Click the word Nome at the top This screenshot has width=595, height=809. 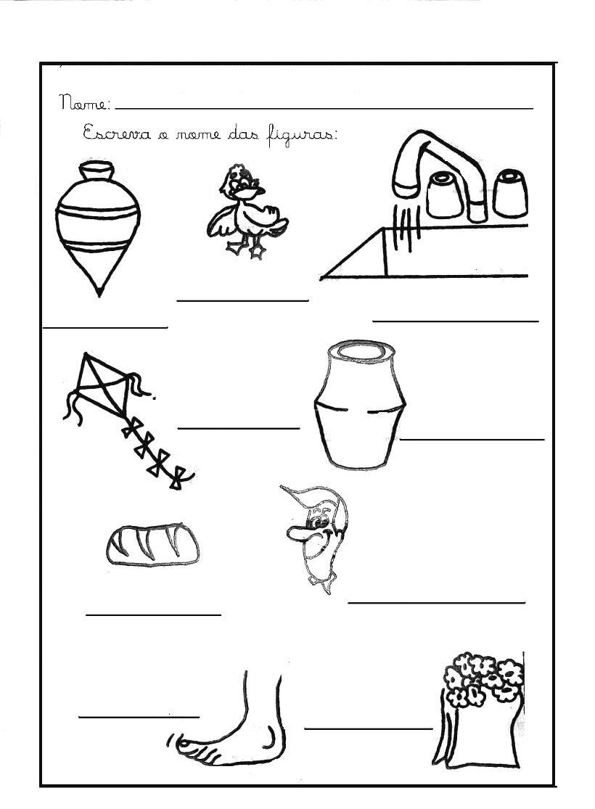[84, 102]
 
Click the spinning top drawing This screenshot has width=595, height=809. [98, 228]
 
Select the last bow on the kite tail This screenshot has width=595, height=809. [179, 478]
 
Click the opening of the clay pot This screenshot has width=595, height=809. [361, 351]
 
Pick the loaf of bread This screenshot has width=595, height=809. [153, 545]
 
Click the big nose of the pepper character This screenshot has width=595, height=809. [297, 534]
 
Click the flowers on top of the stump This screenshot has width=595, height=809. [483, 678]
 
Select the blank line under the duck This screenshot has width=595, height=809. [242, 299]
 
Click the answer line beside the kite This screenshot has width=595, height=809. [239, 427]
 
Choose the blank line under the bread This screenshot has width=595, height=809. [153, 614]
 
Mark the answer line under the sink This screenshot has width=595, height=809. [456, 321]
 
